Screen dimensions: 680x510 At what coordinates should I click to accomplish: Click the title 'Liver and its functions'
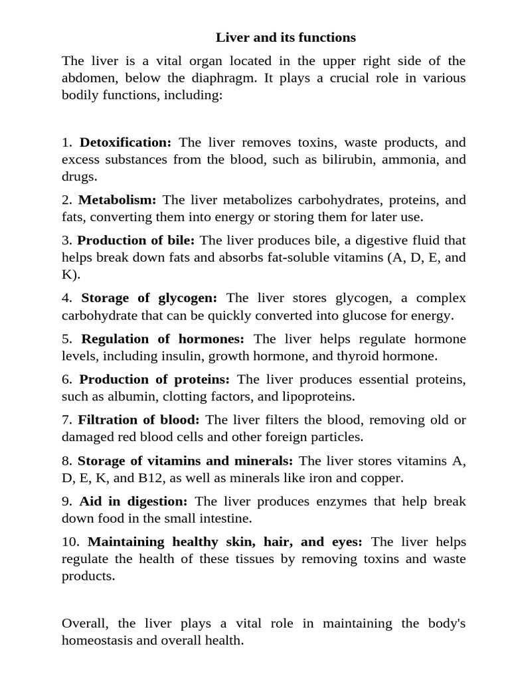(x=286, y=37)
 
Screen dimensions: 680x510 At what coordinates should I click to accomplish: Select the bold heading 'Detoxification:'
(x=126, y=142)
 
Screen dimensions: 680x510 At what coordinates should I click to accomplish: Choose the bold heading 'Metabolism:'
(x=118, y=200)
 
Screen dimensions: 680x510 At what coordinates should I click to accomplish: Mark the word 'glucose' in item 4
(x=368, y=315)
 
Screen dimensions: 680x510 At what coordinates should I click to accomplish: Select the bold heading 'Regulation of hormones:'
(x=163, y=339)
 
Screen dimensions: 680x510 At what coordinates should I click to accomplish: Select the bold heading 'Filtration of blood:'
(x=138, y=420)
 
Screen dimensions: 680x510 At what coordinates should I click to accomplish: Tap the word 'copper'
(x=381, y=477)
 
